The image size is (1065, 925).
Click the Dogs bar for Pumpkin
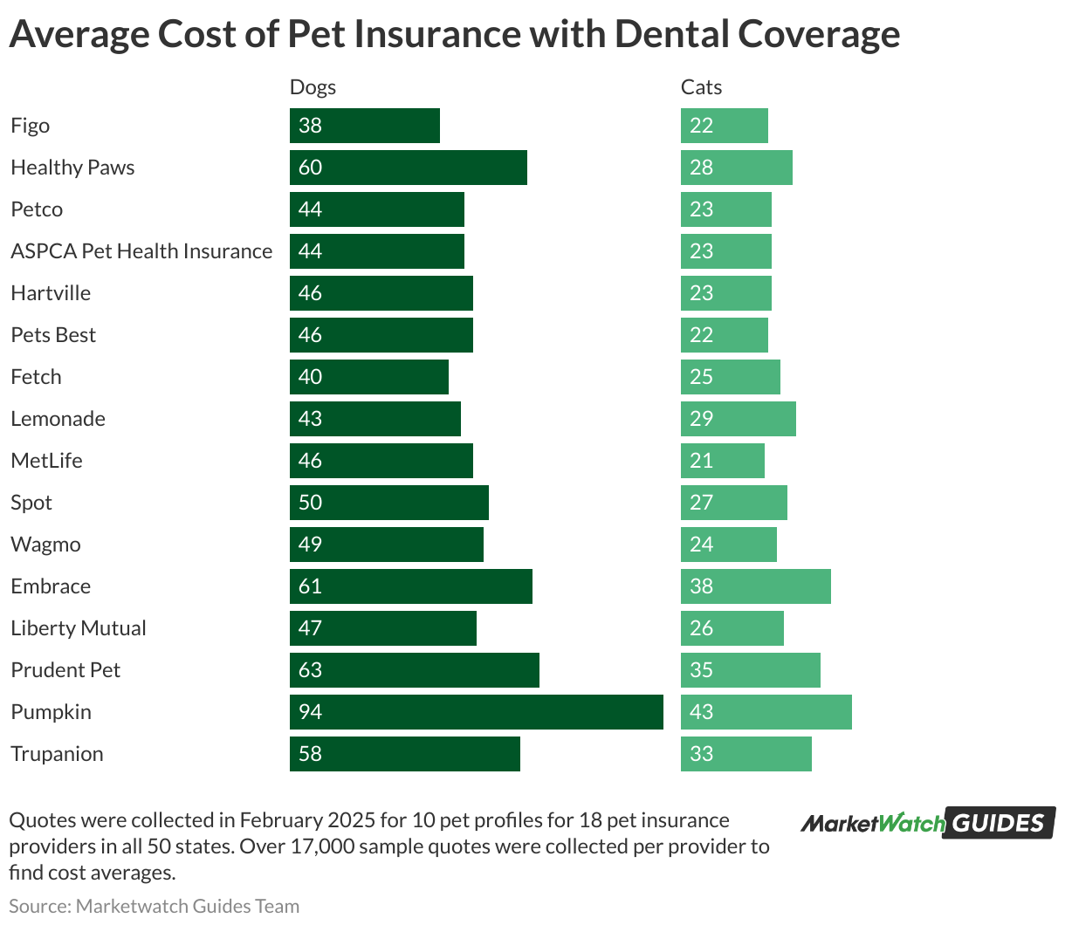[x=476, y=712]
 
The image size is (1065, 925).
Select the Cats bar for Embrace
[x=755, y=586]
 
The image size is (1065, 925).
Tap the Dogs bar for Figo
[x=364, y=126]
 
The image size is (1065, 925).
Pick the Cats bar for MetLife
[x=722, y=461]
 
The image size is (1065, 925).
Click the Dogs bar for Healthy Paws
[x=408, y=168]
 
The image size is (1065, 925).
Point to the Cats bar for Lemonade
[x=738, y=419]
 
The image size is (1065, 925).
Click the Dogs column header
[x=313, y=87]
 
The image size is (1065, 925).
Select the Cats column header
[x=701, y=87]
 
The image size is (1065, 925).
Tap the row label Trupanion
[x=57, y=754]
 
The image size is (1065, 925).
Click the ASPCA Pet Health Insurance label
[x=141, y=251]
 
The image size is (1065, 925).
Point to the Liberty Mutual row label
[x=79, y=628]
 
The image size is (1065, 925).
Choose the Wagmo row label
[x=45, y=545]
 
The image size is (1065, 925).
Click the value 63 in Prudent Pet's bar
[x=310, y=670]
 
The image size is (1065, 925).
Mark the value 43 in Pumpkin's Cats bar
[x=701, y=712]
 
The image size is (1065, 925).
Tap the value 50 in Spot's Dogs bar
[x=310, y=503]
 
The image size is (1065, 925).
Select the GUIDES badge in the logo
[x=1000, y=823]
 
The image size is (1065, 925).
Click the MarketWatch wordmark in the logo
[x=872, y=823]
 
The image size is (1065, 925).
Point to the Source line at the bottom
[x=154, y=906]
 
